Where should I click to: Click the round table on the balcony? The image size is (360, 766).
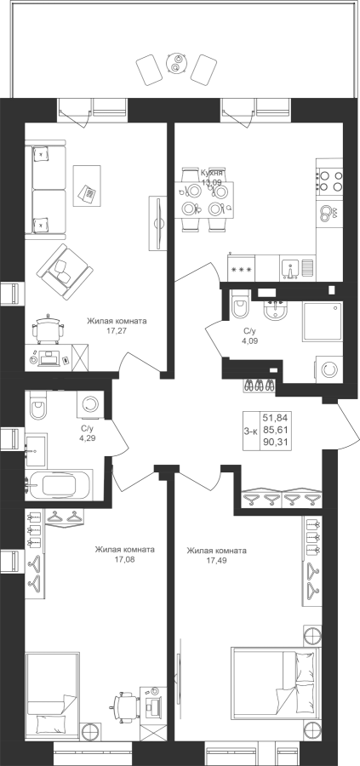click(175, 63)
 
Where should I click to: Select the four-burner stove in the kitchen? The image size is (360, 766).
click(329, 180)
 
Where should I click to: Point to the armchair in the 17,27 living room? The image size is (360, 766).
click(63, 269)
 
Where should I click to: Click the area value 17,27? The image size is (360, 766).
click(117, 331)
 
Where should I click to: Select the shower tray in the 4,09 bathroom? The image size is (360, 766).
click(323, 321)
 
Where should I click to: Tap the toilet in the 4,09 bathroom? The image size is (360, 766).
click(240, 306)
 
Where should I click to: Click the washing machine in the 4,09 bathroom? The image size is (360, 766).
click(329, 370)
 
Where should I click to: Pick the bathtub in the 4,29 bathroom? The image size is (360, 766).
click(60, 484)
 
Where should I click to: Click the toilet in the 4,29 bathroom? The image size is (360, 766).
click(37, 405)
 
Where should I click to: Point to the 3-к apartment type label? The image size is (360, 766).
click(251, 431)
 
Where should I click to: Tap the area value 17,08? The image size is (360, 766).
click(124, 560)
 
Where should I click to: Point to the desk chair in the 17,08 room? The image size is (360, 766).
click(123, 705)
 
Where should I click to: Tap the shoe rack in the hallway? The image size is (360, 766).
click(259, 386)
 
